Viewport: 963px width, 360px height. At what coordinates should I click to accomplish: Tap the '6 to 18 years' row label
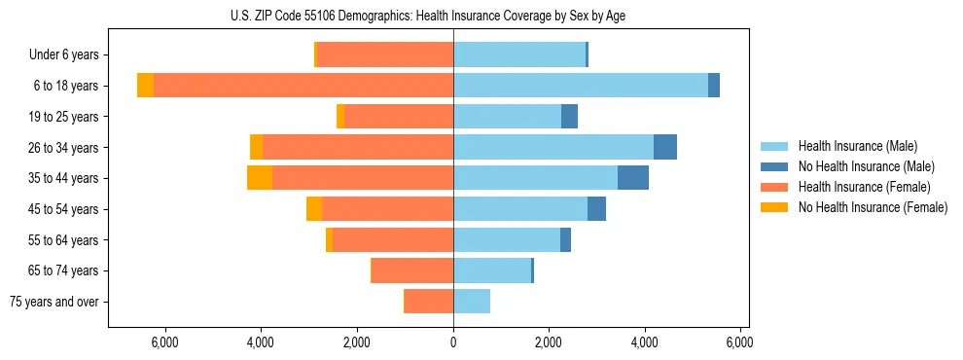pyautogui.click(x=66, y=86)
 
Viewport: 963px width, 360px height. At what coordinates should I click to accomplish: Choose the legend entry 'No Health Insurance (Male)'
pyautogui.click(x=866, y=166)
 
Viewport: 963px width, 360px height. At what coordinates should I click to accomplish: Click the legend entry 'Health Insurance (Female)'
pyautogui.click(x=864, y=187)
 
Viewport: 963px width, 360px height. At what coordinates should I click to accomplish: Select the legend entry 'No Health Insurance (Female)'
pyautogui.click(x=872, y=207)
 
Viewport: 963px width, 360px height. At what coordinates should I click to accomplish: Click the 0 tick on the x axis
pyautogui.click(x=453, y=342)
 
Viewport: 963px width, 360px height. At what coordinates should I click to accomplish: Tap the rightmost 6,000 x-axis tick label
pyautogui.click(x=740, y=342)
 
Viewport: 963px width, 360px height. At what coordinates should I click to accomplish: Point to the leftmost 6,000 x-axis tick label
pyautogui.click(x=165, y=342)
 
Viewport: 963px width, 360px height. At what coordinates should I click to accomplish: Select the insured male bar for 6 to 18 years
pyautogui.click(x=581, y=86)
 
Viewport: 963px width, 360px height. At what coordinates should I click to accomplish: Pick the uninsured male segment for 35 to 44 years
pyautogui.click(x=633, y=178)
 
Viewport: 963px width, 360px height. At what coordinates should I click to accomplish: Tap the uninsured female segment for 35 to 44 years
pyautogui.click(x=260, y=178)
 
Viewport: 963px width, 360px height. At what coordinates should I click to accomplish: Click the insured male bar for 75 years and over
pyautogui.click(x=472, y=302)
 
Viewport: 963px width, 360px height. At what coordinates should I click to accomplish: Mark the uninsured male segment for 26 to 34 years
pyautogui.click(x=665, y=147)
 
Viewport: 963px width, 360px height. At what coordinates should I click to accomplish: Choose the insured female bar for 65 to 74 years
pyautogui.click(x=412, y=270)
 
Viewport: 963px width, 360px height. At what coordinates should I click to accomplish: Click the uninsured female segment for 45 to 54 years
pyautogui.click(x=314, y=209)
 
